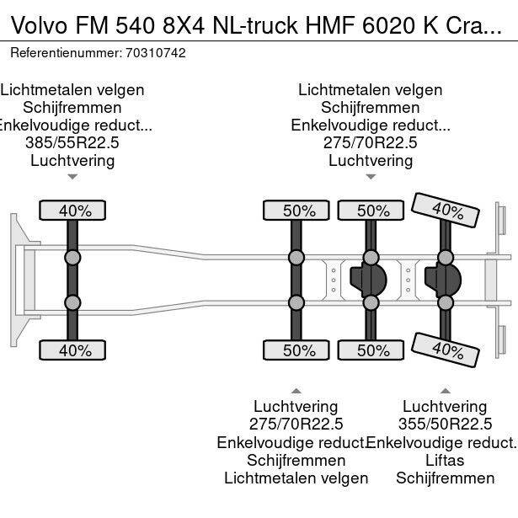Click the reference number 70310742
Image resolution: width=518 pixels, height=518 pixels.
[x=157, y=52]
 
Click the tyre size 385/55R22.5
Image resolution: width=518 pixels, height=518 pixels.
[x=72, y=143]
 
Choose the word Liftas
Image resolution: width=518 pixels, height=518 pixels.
[x=445, y=461]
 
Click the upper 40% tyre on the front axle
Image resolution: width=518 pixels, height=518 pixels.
[x=72, y=211]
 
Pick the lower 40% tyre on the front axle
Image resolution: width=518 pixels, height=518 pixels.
[x=72, y=350]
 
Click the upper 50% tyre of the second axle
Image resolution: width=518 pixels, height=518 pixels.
[x=297, y=211]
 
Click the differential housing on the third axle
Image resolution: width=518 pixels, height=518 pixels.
[x=368, y=280]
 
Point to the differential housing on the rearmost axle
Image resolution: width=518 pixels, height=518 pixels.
[x=442, y=280]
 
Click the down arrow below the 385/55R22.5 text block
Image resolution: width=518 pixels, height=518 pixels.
[x=72, y=177]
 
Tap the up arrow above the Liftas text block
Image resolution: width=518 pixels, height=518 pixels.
[x=445, y=390]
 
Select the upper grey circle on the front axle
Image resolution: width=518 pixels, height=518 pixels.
[x=72, y=258]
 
